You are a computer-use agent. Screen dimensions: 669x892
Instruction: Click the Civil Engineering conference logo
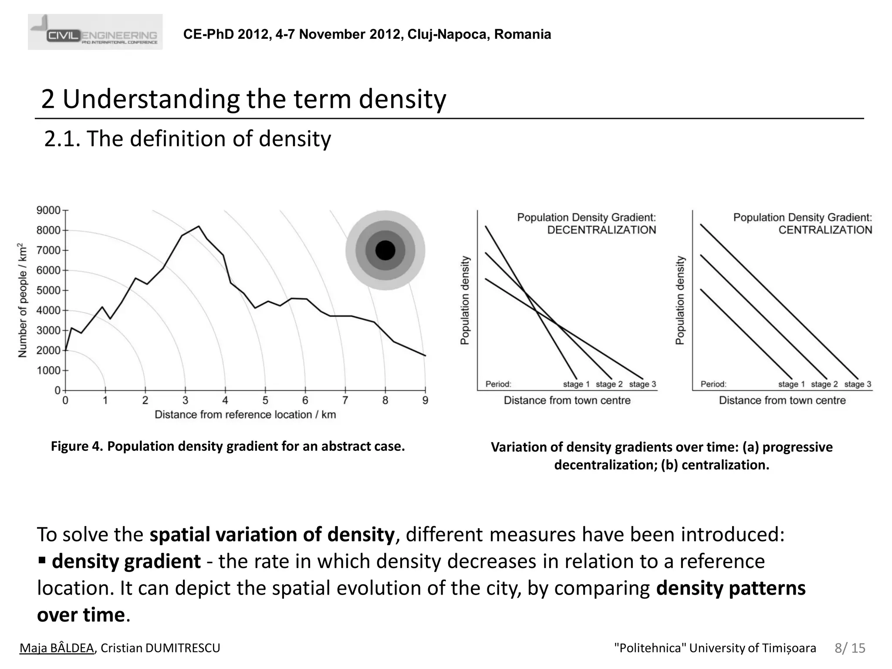click(95, 32)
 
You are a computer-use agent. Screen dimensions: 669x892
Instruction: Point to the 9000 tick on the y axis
click(48, 210)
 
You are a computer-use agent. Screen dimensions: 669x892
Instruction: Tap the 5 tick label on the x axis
click(265, 400)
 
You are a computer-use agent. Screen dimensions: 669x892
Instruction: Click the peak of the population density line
click(199, 226)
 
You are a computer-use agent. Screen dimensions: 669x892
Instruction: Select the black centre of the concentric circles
click(385, 250)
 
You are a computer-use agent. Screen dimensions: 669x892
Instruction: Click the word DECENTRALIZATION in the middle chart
click(601, 230)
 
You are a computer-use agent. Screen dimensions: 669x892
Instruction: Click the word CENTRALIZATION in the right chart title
click(825, 230)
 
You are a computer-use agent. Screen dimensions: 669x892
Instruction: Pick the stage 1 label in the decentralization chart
click(576, 384)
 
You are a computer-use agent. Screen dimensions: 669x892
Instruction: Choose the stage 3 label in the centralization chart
click(858, 384)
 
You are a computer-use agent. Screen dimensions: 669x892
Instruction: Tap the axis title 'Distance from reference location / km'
click(245, 415)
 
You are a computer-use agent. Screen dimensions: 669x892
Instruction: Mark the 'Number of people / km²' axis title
click(23, 301)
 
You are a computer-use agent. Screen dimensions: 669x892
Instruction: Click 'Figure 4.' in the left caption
click(77, 446)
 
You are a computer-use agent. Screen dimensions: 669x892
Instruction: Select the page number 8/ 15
click(850, 648)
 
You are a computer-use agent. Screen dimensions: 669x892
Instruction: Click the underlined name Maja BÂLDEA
click(57, 648)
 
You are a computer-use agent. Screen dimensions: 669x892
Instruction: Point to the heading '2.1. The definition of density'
click(187, 139)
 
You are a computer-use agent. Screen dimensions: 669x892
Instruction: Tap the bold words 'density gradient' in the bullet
click(126, 561)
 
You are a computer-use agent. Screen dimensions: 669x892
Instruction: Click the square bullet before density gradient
click(42, 560)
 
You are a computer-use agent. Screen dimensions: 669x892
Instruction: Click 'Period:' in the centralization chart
click(713, 384)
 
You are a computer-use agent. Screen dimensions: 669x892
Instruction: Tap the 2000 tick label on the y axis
click(48, 351)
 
